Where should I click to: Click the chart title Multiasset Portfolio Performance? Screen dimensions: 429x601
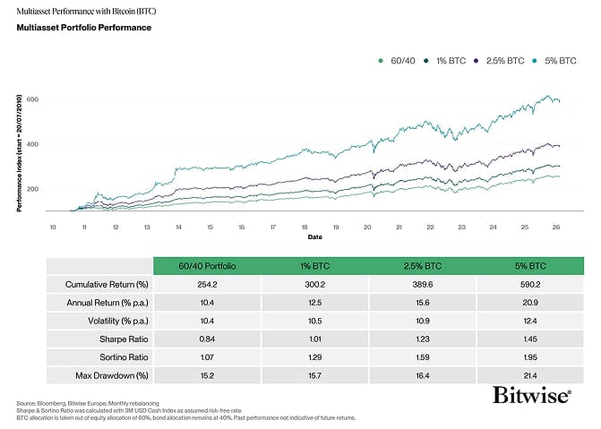(x=83, y=28)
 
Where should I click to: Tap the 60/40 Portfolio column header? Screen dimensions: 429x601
(x=206, y=266)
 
